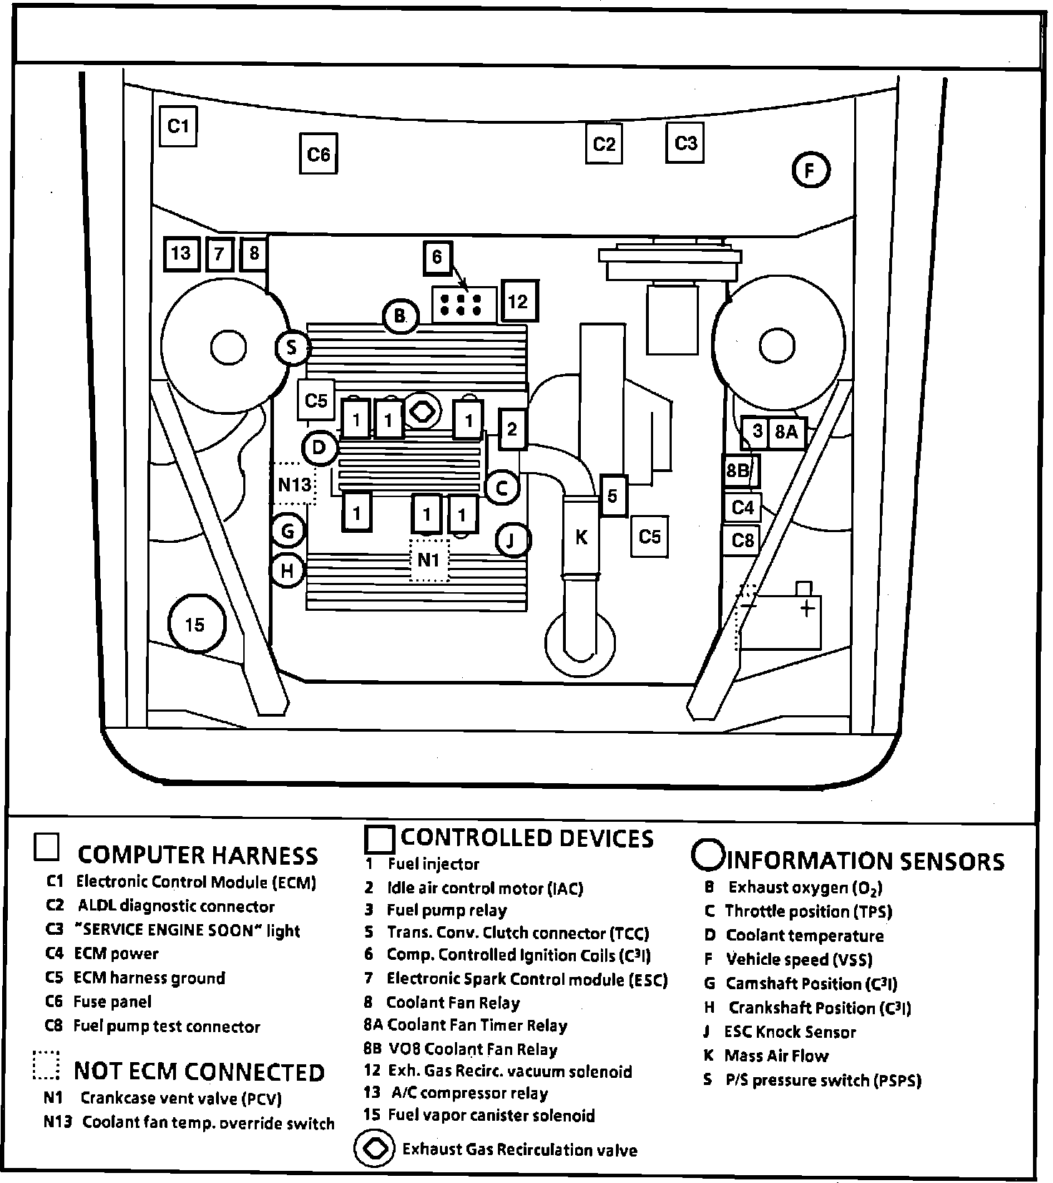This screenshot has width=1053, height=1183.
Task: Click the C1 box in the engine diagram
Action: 177,127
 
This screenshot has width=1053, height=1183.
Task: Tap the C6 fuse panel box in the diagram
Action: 318,154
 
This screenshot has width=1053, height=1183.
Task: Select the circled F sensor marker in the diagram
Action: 810,170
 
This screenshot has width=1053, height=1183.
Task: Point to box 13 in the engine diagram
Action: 181,252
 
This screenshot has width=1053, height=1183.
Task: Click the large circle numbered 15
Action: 195,624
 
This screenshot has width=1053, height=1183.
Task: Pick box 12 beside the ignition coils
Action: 518,301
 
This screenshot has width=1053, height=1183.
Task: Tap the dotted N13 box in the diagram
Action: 293,484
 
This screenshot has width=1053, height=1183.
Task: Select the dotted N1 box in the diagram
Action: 428,559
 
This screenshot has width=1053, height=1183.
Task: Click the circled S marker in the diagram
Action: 291,348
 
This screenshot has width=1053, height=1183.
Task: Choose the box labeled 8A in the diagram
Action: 786,431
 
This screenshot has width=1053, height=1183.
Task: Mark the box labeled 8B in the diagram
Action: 738,471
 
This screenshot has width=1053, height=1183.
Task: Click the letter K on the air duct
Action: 581,536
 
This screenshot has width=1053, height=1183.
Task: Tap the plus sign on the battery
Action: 807,609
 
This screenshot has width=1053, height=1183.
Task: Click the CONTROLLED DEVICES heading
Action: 526,838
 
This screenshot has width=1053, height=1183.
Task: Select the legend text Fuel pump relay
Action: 446,910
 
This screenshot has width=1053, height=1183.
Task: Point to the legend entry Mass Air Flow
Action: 776,1056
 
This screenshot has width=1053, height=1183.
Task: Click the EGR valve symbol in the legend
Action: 374,1149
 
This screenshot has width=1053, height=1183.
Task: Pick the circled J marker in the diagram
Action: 511,540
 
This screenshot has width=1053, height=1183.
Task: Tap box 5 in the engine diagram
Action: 612,495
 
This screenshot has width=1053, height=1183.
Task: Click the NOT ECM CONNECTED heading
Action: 199,1071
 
